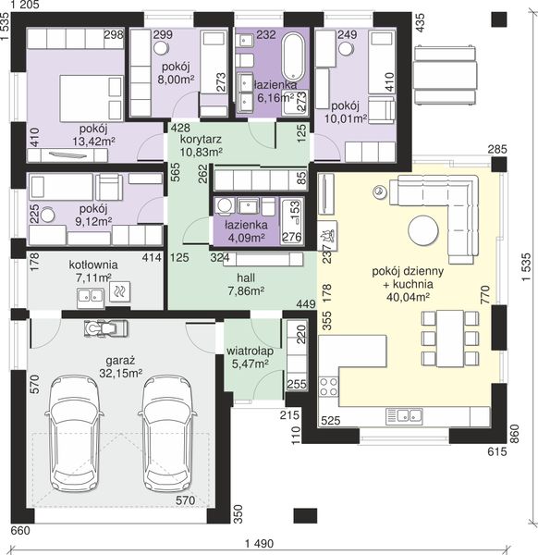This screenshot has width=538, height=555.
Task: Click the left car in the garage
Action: click(x=74, y=433)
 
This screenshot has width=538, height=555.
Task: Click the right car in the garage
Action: click(x=167, y=433)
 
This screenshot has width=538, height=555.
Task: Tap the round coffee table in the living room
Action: click(x=423, y=230)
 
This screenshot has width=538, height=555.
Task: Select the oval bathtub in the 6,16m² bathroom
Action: click(x=293, y=56)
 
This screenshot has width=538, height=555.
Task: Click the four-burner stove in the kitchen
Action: click(x=328, y=387)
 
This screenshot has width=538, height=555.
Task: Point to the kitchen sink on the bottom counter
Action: click(x=404, y=416)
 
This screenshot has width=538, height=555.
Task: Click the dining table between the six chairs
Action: click(x=450, y=339)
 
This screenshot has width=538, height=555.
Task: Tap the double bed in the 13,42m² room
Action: click(x=92, y=98)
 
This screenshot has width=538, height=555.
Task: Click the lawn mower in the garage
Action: click(x=105, y=328)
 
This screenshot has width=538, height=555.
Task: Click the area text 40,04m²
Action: click(x=408, y=297)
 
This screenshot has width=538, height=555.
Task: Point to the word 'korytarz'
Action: click(x=201, y=139)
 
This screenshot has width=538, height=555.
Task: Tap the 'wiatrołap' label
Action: click(x=250, y=351)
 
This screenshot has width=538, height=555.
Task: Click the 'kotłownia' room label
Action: click(x=93, y=265)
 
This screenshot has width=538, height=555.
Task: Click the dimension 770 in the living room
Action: click(x=484, y=295)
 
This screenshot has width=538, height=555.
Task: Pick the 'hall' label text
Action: click(x=246, y=277)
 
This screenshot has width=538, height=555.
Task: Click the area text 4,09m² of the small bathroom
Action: click(x=246, y=238)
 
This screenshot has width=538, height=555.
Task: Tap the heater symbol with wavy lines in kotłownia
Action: click(x=119, y=291)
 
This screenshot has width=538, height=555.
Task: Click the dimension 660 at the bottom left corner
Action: click(x=20, y=531)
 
